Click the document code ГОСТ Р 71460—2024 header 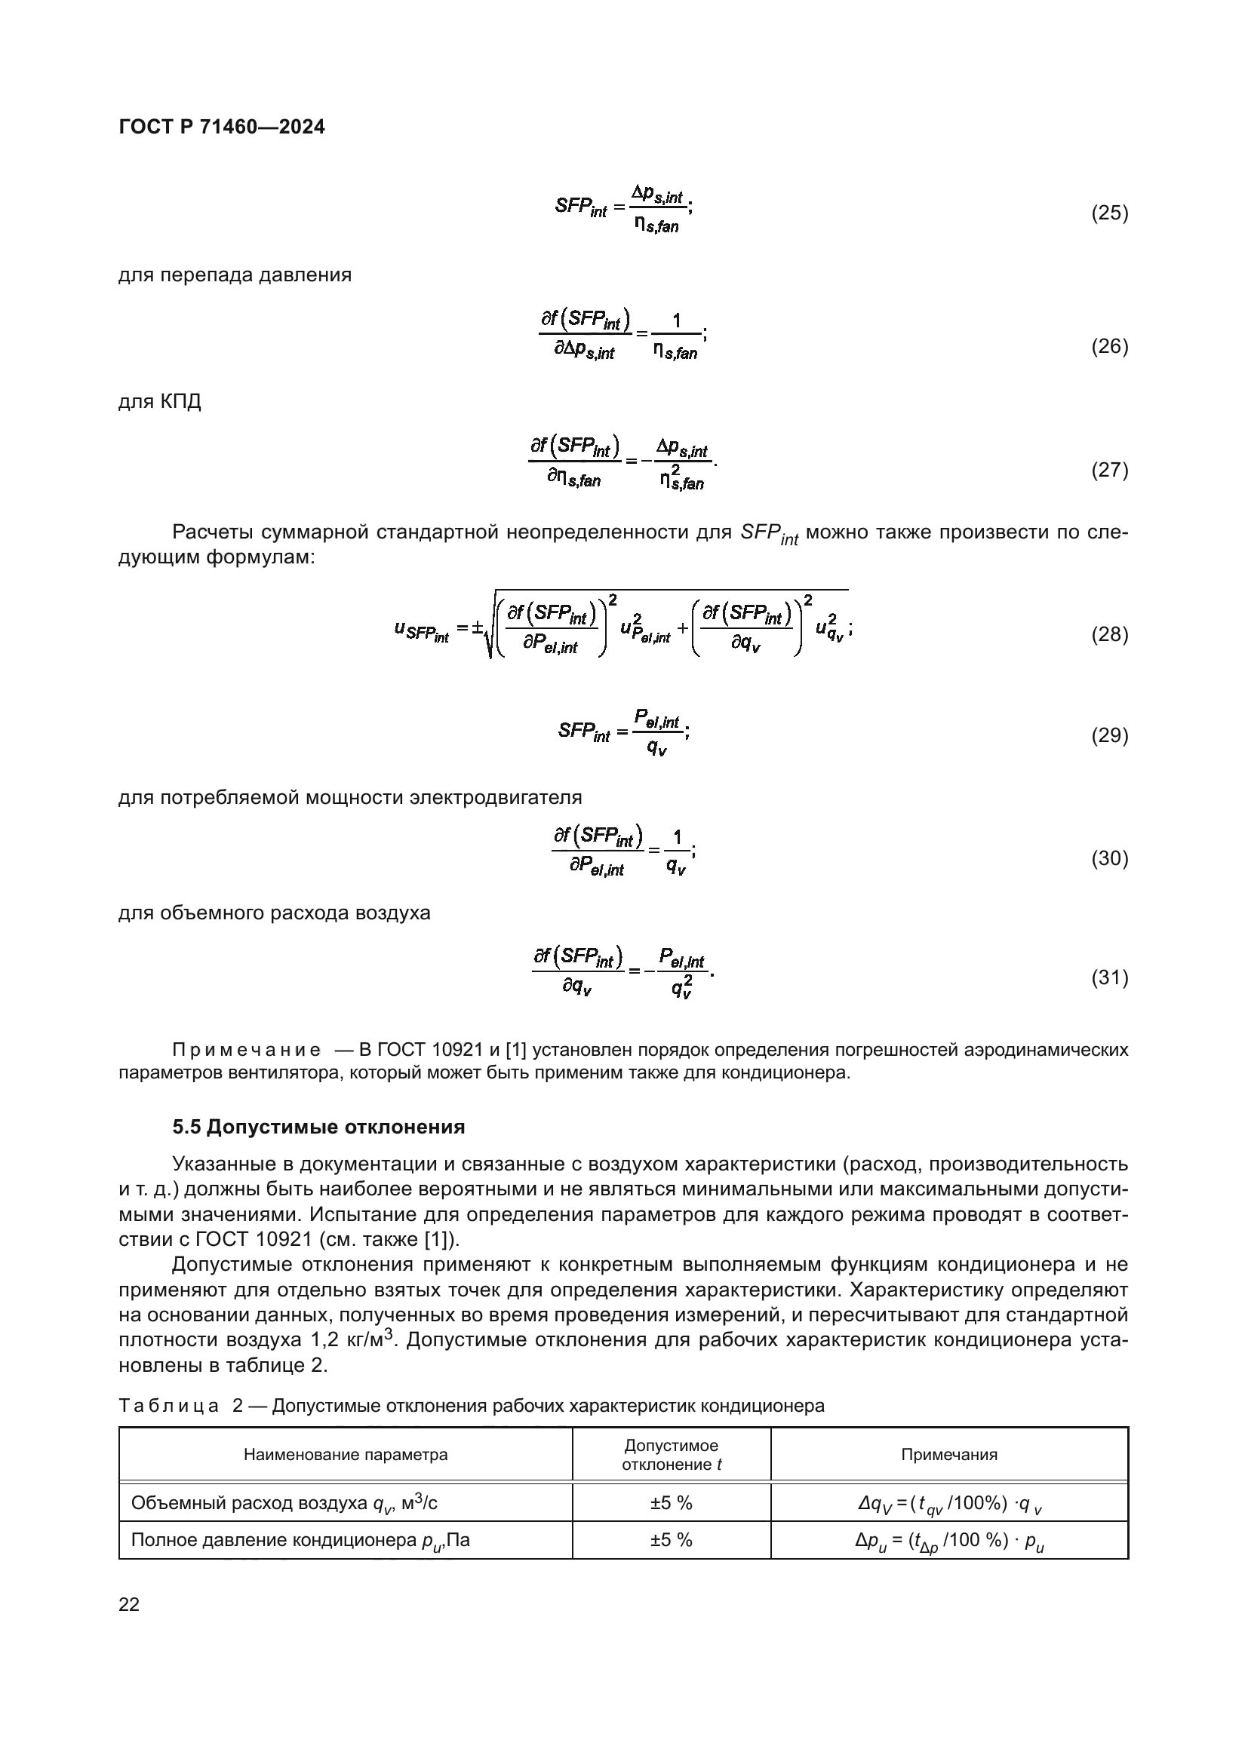click(222, 127)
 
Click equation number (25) click(1110, 213)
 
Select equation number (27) click(1110, 469)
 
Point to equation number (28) click(1110, 634)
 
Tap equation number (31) click(1110, 977)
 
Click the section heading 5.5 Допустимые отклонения click(318, 1127)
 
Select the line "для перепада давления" click(235, 275)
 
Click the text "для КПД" click(160, 402)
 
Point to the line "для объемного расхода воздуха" click(275, 913)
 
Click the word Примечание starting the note click(247, 1051)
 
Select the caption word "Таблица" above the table click(169, 1406)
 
